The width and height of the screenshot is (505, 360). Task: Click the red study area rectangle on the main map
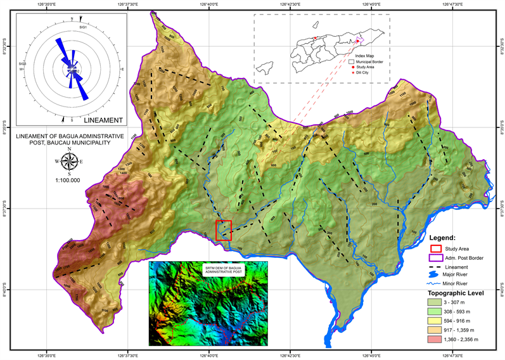[224, 230]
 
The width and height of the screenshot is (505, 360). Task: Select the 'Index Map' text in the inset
[364, 56]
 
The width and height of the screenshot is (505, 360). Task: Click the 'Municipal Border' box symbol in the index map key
[352, 62]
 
